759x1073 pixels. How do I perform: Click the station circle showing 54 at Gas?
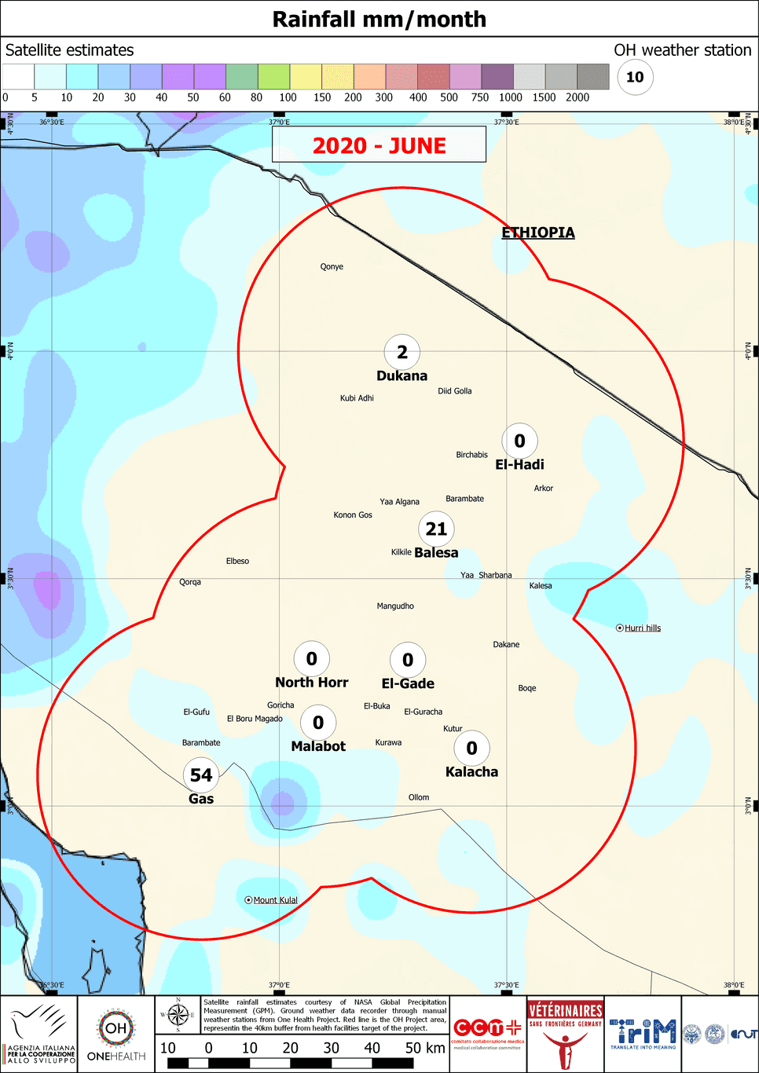coord(201,775)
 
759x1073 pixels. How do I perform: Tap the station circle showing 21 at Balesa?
coord(436,529)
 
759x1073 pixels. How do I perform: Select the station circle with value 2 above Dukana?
coord(402,353)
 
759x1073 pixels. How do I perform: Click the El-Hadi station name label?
coord(519,465)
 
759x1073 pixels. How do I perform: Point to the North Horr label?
coord(311,683)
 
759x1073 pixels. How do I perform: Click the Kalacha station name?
coord(471,772)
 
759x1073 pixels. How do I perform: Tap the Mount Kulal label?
coord(275,900)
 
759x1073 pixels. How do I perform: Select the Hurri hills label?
coord(642,628)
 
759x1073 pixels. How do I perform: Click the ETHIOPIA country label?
coord(538,233)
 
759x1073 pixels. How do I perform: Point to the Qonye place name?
coord(332,267)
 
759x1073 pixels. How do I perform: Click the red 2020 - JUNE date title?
coord(379,146)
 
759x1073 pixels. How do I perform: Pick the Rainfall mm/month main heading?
coord(379,19)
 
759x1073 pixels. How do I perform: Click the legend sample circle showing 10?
coord(635,77)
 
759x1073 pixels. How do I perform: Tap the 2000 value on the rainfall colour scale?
coord(577,97)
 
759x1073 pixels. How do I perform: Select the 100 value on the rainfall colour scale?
coord(288,97)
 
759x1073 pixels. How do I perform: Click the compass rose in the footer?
coord(178,1015)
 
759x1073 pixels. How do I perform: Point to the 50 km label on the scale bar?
coord(425,1048)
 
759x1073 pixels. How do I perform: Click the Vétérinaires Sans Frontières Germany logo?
coord(565,1034)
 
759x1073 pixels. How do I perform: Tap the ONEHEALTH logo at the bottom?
coord(116,1034)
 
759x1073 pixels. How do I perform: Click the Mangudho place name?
coord(395,606)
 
